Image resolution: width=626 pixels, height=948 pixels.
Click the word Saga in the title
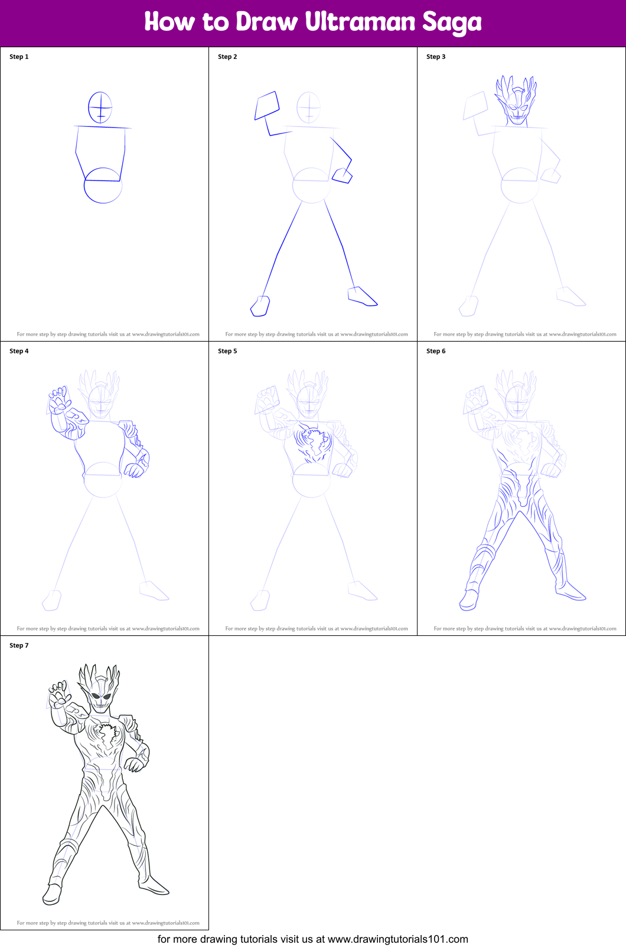[x=452, y=23]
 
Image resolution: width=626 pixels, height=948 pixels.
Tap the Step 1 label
[x=19, y=57]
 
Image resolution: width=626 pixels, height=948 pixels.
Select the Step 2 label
[x=227, y=57]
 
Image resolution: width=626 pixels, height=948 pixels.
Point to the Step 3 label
[x=436, y=57]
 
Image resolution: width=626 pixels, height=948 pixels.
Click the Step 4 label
[x=19, y=351]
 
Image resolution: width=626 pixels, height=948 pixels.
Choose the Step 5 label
[x=227, y=351]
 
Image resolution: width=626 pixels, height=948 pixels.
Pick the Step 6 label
[x=436, y=351]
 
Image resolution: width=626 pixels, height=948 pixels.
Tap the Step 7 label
[x=19, y=645]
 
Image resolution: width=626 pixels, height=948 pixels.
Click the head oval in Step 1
[x=100, y=107]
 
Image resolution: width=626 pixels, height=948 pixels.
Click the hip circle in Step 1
[x=103, y=186]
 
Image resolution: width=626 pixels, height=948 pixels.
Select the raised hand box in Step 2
[x=267, y=106]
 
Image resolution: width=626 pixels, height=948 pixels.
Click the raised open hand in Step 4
[x=59, y=402]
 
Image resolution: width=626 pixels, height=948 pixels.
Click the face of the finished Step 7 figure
[x=100, y=700]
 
